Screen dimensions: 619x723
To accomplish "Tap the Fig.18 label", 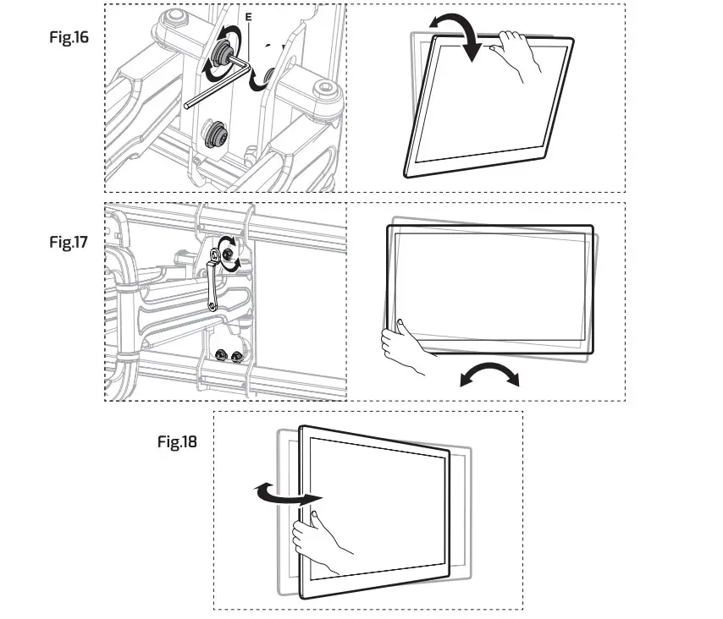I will point(177,441).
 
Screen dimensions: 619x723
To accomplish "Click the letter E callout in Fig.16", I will point(247,16).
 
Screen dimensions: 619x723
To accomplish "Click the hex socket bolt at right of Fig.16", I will point(325,90).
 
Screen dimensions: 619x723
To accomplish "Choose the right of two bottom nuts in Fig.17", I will point(240,355).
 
